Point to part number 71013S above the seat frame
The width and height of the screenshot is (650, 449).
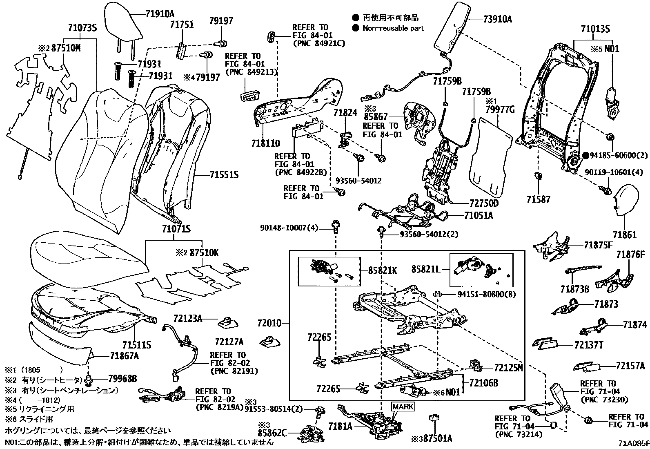point(595,29)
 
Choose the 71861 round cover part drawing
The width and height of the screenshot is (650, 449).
point(625,200)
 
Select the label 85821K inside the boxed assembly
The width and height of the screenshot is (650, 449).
point(382,270)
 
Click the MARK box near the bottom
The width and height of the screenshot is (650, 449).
point(403,407)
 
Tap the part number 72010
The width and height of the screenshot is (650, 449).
point(269,323)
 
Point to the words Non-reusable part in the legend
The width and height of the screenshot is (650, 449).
point(393,28)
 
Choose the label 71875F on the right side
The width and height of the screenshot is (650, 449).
point(598,245)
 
